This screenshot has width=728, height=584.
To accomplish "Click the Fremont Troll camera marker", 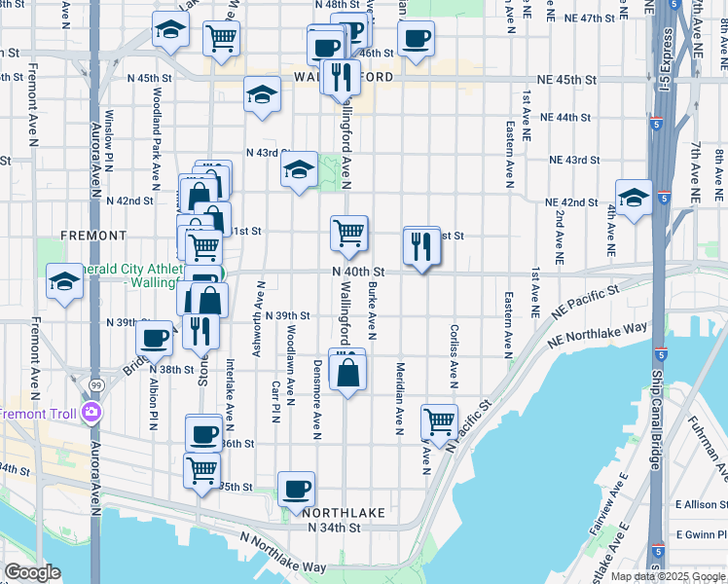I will (x=91, y=413).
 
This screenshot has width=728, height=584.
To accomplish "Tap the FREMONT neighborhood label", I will (x=93, y=236).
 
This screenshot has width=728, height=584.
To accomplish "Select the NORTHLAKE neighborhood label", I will (x=344, y=512).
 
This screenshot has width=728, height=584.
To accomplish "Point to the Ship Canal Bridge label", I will (x=657, y=409).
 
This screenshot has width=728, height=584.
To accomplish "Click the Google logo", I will (x=32, y=572).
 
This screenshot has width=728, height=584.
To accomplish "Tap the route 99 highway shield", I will (x=95, y=386).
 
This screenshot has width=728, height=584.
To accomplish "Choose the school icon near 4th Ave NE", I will (x=634, y=198).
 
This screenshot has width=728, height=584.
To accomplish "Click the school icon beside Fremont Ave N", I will (x=65, y=282).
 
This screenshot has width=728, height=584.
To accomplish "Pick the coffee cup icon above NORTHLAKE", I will (x=297, y=489).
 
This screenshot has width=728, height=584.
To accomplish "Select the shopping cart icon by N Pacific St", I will (x=440, y=421).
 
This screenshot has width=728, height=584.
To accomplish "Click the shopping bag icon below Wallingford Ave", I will (x=347, y=372).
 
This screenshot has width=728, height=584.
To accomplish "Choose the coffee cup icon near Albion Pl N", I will (x=155, y=339).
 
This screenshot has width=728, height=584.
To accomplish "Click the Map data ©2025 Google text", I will (x=667, y=576).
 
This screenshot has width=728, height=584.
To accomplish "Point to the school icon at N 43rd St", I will (x=300, y=170).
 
